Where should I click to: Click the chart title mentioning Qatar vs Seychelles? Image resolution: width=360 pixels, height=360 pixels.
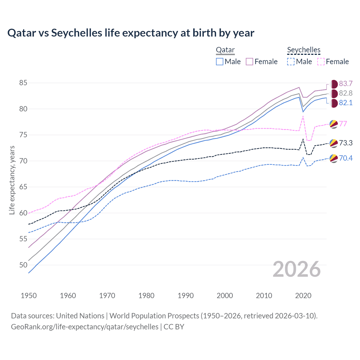click(131, 33)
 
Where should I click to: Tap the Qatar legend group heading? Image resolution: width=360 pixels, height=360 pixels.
click(225, 50)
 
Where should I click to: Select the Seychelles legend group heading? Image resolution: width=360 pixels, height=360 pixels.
click(304, 50)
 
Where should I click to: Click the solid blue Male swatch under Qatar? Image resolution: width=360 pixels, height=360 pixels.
click(220, 62)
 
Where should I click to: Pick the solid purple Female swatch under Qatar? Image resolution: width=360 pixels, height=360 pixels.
click(249, 62)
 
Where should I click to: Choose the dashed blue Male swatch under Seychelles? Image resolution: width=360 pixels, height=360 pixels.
click(291, 62)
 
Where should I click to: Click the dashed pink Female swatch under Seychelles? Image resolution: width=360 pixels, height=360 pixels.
click(321, 62)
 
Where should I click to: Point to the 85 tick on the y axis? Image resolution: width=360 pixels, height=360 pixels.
click(23, 83)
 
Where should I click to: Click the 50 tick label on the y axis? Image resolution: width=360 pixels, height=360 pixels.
click(23, 265)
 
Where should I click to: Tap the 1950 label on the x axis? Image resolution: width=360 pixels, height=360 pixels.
click(29, 296)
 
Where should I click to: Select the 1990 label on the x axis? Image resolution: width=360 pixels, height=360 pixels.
click(186, 296)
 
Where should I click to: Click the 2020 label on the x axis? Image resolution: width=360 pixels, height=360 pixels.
click(303, 296)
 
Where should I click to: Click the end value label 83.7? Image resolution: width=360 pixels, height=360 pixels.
click(346, 84)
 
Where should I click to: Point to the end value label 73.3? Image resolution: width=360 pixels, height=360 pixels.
click(346, 143)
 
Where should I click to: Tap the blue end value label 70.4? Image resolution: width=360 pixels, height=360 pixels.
click(346, 158)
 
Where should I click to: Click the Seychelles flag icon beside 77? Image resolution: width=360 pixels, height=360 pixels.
click(334, 124)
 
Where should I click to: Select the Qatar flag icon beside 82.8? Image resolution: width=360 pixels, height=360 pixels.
click(334, 93)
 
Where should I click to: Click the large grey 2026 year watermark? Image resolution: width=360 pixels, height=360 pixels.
click(297, 269)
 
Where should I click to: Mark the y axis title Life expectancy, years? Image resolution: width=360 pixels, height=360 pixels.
click(12, 180)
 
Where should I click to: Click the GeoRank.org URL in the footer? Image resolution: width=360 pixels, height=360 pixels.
click(85, 327)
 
